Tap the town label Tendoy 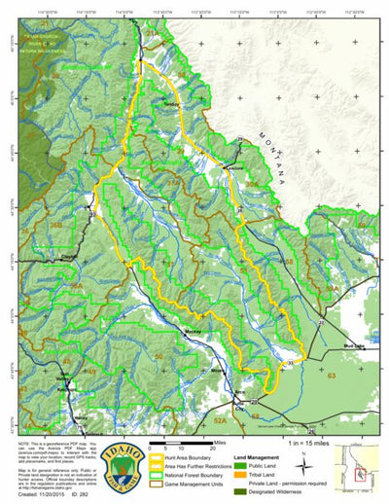click(173, 104)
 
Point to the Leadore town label click(230, 167)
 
